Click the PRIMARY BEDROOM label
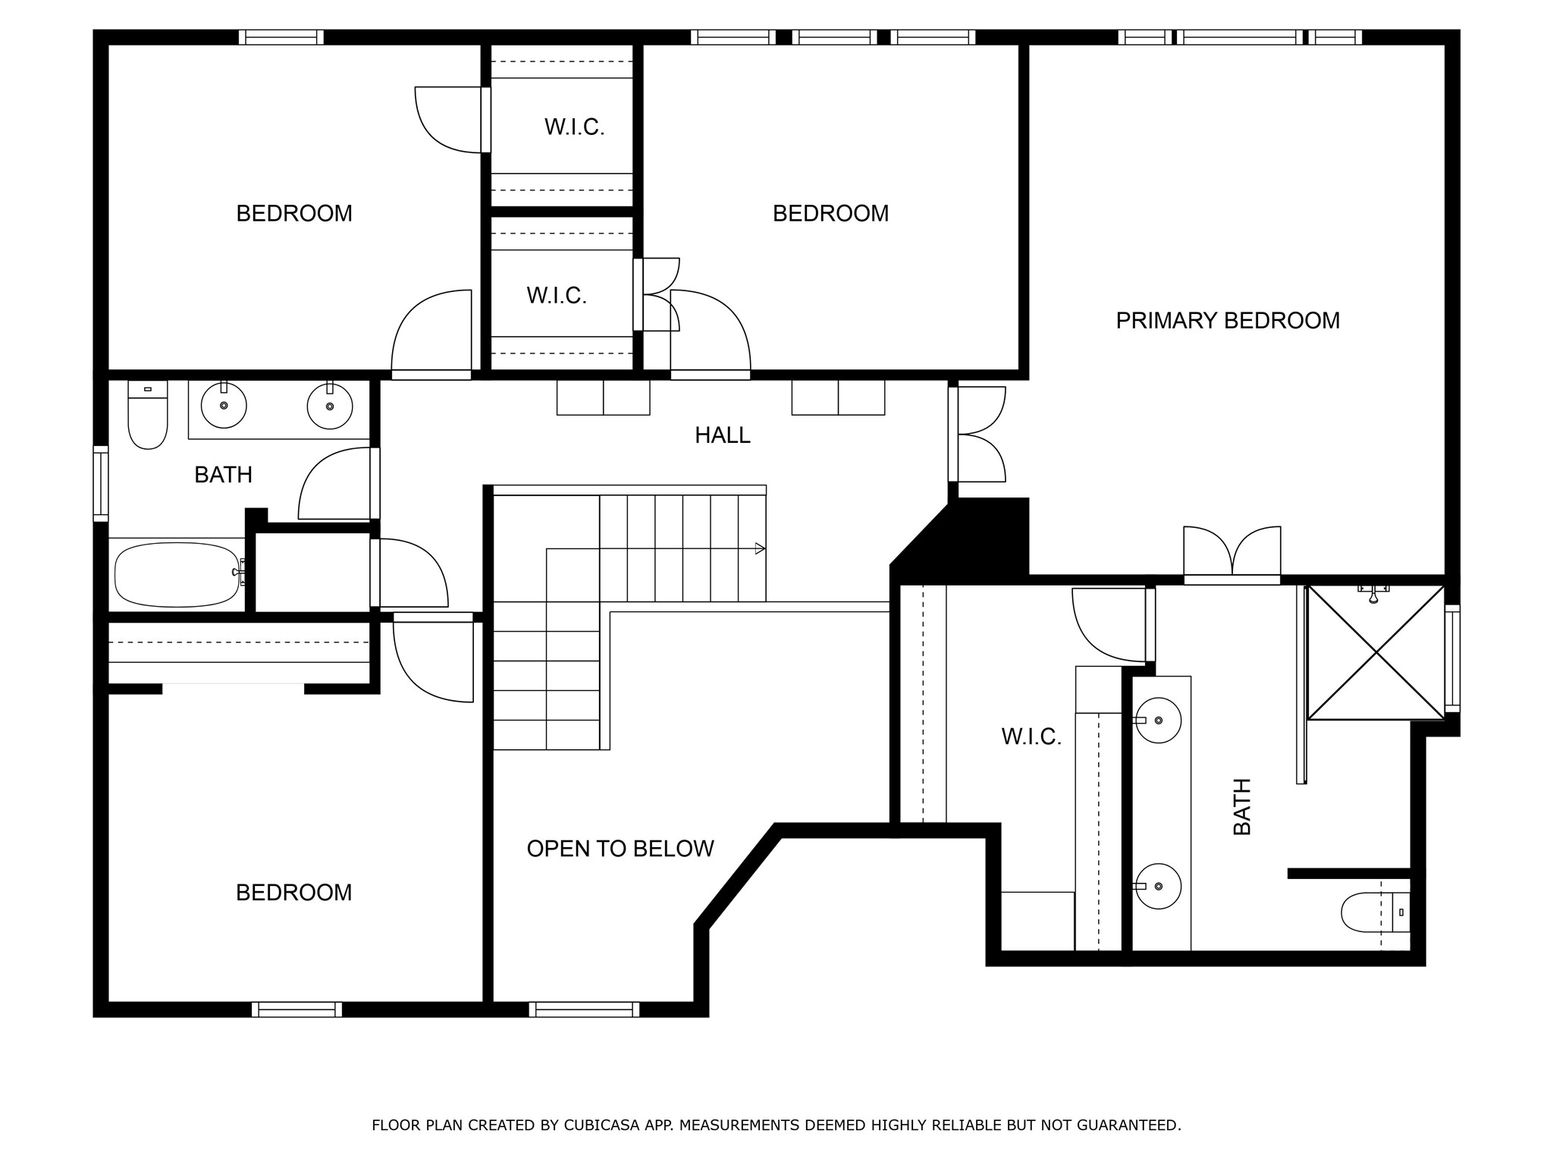pyautogui.click(x=1228, y=321)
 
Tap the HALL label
pyautogui.click(x=723, y=435)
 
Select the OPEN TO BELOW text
pyautogui.click(x=620, y=849)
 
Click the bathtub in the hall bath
pyautogui.click(x=177, y=574)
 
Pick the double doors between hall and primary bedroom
pyautogui.click(x=977, y=434)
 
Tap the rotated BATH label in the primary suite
pyautogui.click(x=1242, y=807)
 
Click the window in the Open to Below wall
pyautogui.click(x=584, y=1010)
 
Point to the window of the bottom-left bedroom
pyautogui.click(x=296, y=1010)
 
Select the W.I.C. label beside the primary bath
pyautogui.click(x=1031, y=736)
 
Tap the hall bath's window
pyautogui.click(x=101, y=484)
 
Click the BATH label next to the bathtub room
pyautogui.click(x=223, y=475)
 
